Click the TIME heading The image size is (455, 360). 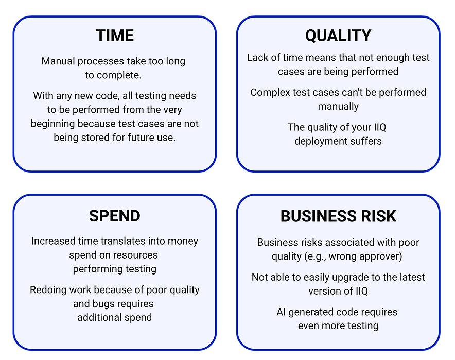tap(115, 36)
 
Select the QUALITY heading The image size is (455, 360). tap(338, 36)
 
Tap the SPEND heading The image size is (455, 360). tap(114, 216)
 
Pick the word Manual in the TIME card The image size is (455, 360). tap(58, 61)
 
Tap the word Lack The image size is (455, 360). tap(257, 58)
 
